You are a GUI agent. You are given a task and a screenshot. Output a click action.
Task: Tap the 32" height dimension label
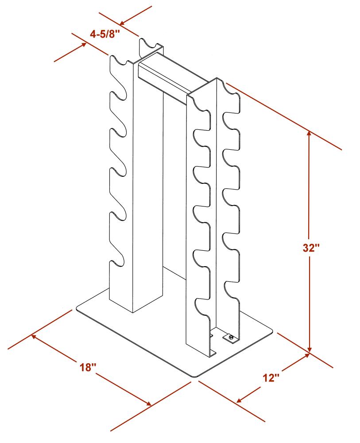[311, 248]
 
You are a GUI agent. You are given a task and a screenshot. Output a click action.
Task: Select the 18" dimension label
[88, 367]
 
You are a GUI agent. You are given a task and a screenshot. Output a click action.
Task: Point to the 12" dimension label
[271, 377]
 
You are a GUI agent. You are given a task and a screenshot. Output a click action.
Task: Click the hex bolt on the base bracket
[231, 337]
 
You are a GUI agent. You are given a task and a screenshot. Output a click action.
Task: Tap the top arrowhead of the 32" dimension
[310, 134]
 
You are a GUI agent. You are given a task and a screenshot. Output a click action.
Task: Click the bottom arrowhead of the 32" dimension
[310, 349]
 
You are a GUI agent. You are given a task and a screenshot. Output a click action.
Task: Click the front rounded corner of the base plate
[195, 376]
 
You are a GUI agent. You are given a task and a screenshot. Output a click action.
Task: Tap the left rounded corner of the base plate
[78, 308]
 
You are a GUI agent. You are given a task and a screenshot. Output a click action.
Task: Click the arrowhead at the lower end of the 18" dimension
[148, 404]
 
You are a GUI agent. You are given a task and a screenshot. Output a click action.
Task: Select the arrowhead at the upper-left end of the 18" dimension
[35, 337]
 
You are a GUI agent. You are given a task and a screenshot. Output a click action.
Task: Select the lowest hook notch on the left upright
[118, 261]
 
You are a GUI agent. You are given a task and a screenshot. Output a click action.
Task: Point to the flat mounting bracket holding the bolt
[230, 338]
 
